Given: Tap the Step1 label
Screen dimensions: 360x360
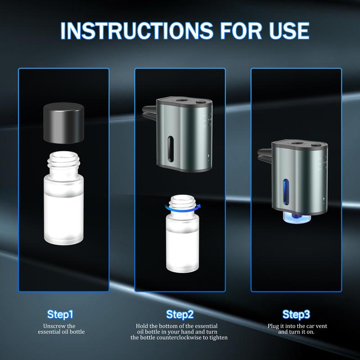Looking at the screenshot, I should tap(60, 314).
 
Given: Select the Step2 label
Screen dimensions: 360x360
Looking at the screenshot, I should tap(180, 314).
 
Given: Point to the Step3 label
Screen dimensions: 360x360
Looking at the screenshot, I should tap(296, 314).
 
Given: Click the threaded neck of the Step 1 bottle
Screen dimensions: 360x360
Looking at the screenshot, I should tap(64, 161).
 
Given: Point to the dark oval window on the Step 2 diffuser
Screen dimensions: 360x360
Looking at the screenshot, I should tap(170, 150).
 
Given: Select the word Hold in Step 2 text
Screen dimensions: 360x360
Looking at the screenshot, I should tap(143, 326).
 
